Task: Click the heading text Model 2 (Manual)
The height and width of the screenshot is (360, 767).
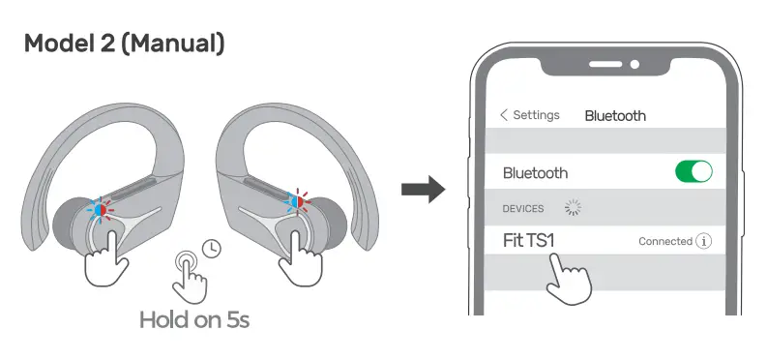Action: tap(125, 44)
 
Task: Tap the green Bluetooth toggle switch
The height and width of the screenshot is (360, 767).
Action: tap(693, 172)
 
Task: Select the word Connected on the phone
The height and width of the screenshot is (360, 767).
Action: tap(665, 241)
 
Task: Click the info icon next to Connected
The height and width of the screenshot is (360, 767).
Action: tap(703, 241)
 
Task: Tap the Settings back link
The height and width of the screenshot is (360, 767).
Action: tap(530, 114)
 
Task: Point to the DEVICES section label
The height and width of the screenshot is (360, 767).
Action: tap(523, 208)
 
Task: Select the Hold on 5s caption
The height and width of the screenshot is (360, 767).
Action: tap(194, 318)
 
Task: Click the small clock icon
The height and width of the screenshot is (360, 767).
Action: tap(212, 247)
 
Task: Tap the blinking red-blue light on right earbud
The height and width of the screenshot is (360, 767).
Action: tap(294, 205)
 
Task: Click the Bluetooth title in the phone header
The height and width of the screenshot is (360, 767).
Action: tap(615, 115)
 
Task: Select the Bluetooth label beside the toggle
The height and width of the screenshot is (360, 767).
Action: tap(535, 173)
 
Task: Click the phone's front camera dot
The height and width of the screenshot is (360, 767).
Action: tap(634, 66)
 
